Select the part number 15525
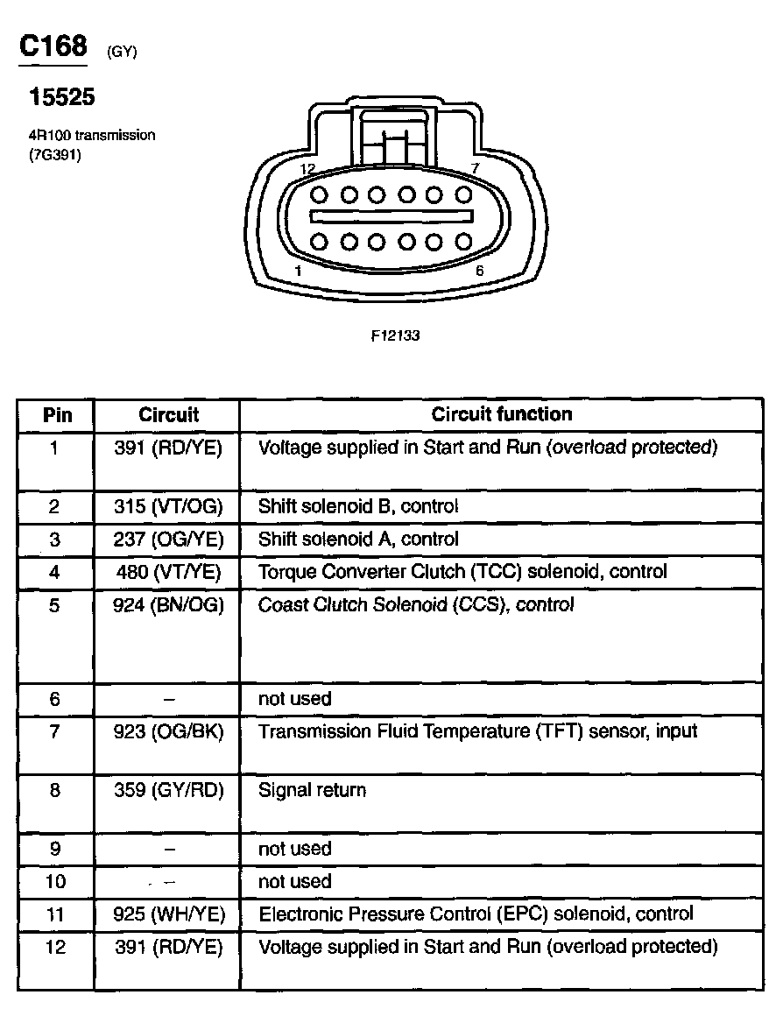61,97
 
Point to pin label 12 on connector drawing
307,169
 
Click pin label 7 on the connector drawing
475,168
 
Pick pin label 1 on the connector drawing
299,271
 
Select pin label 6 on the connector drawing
479,271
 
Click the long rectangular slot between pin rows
391,215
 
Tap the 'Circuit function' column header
501,414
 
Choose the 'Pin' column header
57,414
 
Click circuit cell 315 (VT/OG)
168,506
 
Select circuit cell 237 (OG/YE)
168,540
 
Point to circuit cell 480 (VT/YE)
168,572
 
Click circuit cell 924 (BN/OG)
168,605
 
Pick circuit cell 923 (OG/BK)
168,730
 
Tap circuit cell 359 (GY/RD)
168,790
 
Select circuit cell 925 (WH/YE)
169,914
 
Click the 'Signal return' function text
312,790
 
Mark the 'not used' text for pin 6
294,699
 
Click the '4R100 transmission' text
91,136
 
